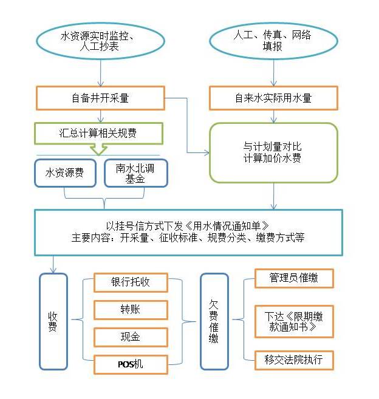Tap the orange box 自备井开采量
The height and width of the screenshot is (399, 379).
coord(100,98)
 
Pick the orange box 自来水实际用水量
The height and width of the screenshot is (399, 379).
coord(273,98)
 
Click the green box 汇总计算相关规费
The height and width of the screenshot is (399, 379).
coord(99,132)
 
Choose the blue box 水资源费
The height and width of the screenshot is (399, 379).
coord(65,172)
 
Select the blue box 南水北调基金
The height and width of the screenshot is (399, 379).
coord(135,172)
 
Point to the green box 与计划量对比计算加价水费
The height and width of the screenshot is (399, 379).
coord(273,152)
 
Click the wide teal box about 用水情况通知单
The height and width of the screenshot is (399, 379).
coord(188,232)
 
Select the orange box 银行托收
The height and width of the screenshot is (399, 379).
coord(131,282)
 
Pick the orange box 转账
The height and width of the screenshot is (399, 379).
coord(131,310)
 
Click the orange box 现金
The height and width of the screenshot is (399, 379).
coord(131,337)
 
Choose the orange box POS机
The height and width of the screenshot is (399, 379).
coord(131,364)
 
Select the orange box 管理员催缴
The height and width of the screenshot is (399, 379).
coord(294,278)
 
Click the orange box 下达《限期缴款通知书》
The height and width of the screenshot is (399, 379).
coord(294,321)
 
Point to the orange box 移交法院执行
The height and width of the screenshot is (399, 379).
coord(294,360)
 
